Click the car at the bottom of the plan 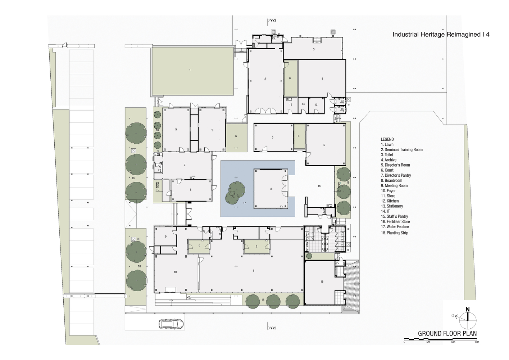coord(171,324)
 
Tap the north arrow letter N coord(467,309)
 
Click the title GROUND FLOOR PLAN coord(447,333)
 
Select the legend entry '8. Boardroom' coord(391,181)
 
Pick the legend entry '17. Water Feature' coord(395,227)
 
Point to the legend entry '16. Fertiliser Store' coord(395,221)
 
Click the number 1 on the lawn coord(190,70)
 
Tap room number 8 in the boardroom coord(271,189)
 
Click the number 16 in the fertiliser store coord(322,282)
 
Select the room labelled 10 coord(175,272)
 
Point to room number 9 coord(166,237)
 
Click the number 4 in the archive coord(322,79)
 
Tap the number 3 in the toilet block coord(314,49)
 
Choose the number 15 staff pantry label coord(319,186)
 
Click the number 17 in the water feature coord(245,203)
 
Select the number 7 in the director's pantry coord(185,165)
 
